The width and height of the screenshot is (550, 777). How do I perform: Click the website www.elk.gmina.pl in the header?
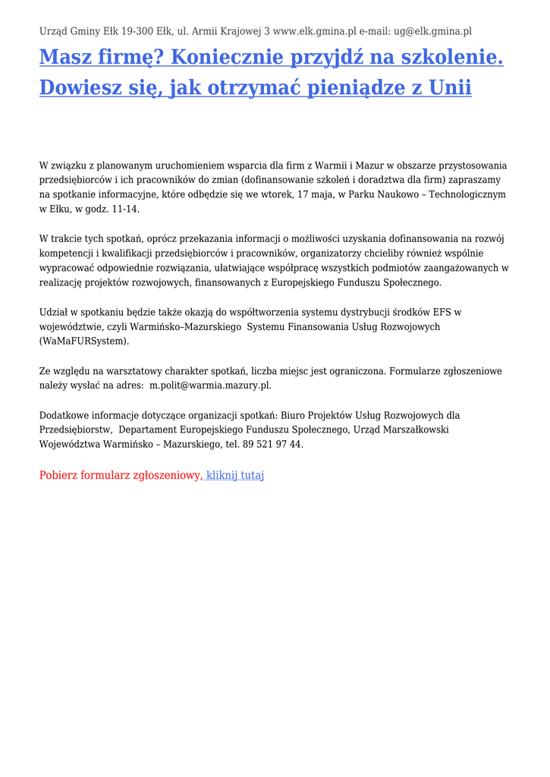click(x=314, y=31)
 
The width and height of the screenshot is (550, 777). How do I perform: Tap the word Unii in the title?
click(x=450, y=87)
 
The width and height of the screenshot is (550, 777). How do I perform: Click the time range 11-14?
click(x=124, y=209)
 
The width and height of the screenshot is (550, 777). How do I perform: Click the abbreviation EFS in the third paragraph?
click(x=443, y=312)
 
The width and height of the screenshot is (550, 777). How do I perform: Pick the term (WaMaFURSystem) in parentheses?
click(x=84, y=341)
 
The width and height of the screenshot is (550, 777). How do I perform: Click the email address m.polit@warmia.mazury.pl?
click(x=210, y=385)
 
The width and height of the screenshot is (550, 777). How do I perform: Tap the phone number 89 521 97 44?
click(x=271, y=444)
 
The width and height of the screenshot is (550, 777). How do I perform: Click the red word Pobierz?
click(x=58, y=475)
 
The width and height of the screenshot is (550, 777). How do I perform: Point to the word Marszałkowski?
click(x=413, y=429)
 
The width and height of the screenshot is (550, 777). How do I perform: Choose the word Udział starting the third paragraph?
click(x=54, y=312)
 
